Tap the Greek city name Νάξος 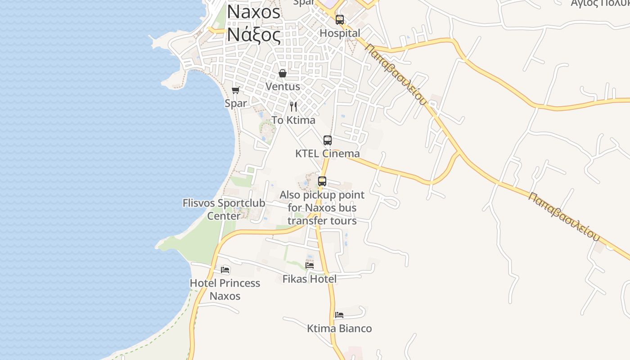click(253, 34)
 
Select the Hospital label click(340, 33)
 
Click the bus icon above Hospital click(340, 20)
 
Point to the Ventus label click(283, 86)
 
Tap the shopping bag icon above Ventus click(283, 73)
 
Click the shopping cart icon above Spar click(235, 90)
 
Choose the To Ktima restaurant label click(293, 120)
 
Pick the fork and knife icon click(293, 107)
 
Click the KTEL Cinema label click(327, 153)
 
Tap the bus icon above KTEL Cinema click(328, 140)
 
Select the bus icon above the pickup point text click(322, 181)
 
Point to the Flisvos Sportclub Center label click(224, 209)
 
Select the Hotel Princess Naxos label click(225, 289)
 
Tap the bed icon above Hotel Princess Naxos click(225, 270)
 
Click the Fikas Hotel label click(309, 279)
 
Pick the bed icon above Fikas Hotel click(310, 265)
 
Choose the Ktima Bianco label click(339, 328)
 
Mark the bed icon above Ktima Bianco click(339, 315)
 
